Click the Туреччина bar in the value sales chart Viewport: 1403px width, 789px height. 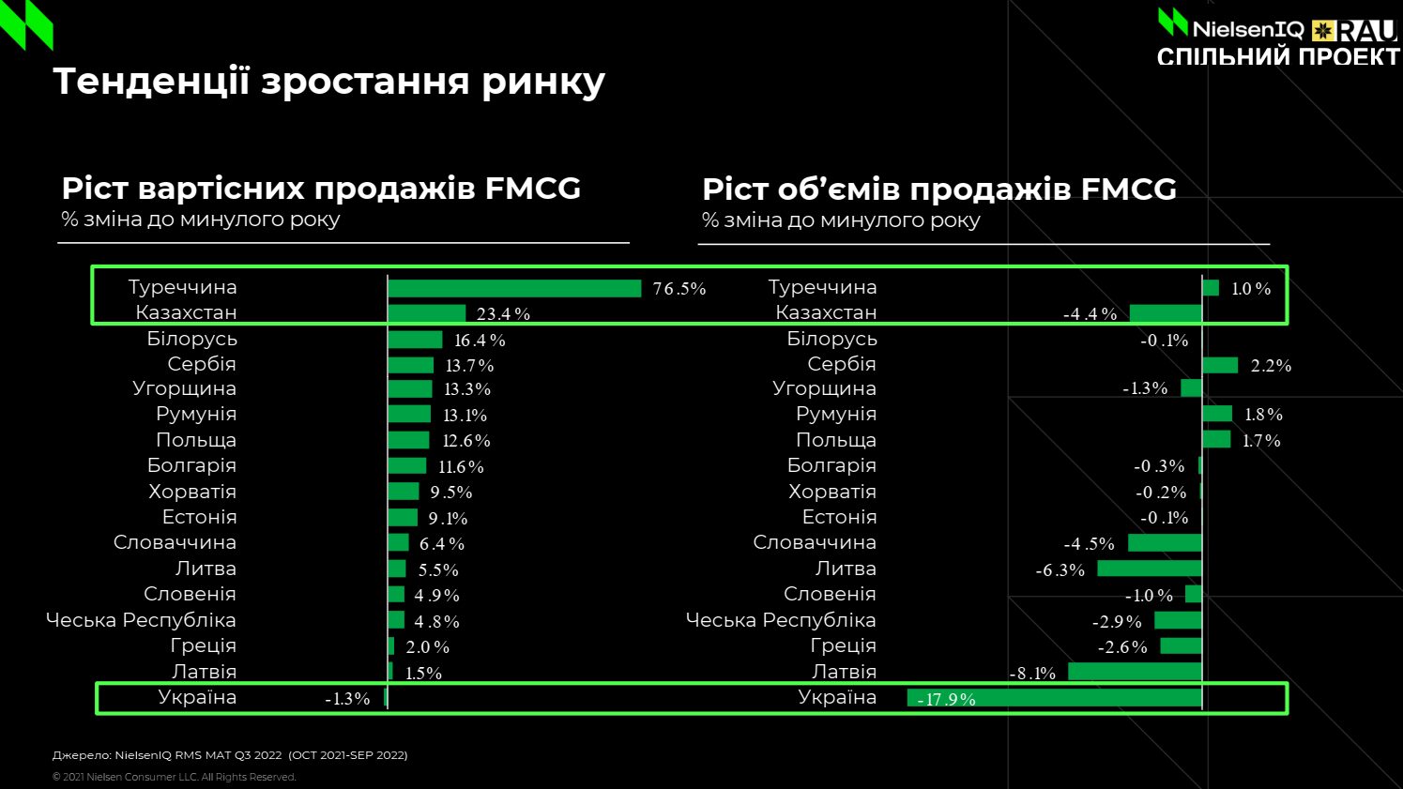514,288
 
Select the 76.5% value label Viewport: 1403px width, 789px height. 679,289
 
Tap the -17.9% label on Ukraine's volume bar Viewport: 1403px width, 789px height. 946,699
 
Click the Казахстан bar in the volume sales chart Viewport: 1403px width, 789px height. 1166,313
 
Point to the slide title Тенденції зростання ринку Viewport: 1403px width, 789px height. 329,82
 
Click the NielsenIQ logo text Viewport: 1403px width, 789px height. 1247,29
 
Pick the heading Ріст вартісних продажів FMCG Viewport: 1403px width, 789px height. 321,189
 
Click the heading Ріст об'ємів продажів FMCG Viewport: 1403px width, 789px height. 938,190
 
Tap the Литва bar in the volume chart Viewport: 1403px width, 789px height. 1150,569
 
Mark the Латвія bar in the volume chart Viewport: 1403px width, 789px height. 1135,672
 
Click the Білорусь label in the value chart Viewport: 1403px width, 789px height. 191,339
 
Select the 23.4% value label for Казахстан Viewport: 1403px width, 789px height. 503,314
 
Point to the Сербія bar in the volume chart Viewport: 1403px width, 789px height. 1220,365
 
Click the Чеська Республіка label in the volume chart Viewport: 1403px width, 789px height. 781,620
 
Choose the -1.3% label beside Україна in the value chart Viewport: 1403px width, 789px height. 347,699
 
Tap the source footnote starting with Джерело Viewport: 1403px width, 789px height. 230,755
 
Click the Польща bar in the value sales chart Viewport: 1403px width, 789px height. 408,440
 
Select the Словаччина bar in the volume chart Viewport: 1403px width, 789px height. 1165,543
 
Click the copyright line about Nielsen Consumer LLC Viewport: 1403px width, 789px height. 174,777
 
